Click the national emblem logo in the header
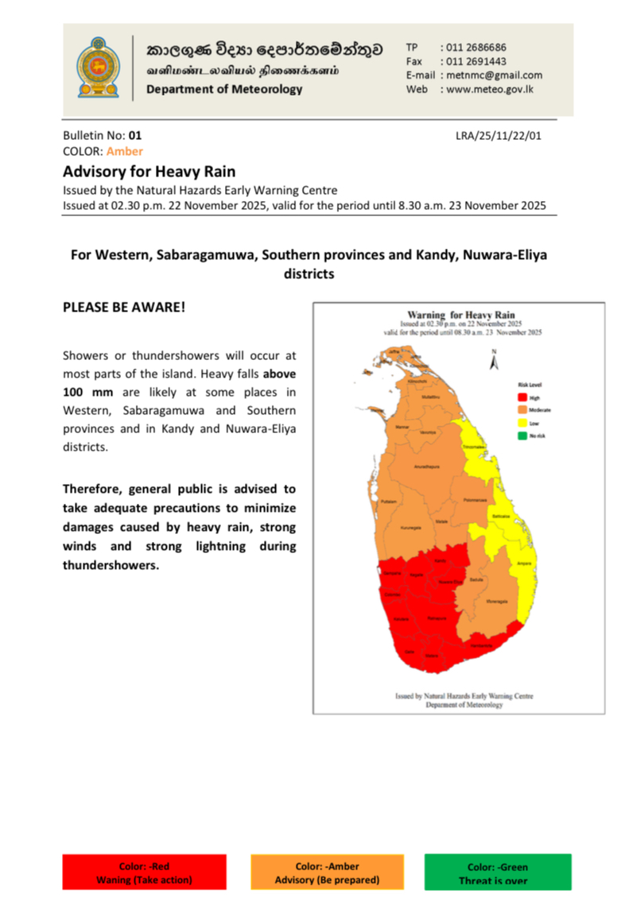(98, 69)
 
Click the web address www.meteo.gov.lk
(494, 89)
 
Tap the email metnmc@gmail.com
(494, 75)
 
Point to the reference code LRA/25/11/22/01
(499, 136)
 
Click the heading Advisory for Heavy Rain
(149, 171)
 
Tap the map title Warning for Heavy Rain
(460, 315)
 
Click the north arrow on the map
(494, 362)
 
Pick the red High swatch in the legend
(522, 397)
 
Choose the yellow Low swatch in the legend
(522, 422)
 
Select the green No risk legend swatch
(522, 435)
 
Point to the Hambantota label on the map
(481, 645)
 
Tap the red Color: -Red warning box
(144, 873)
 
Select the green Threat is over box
(498, 873)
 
